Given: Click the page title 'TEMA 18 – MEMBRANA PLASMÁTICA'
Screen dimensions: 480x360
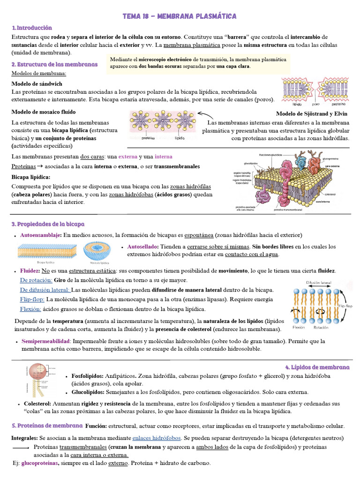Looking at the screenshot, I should click(x=180, y=16).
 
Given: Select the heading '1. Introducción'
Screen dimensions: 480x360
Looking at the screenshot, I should click(x=32, y=28).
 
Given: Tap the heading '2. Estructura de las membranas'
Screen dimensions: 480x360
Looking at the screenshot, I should click(x=54, y=64).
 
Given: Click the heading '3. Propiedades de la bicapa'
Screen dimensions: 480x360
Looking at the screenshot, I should click(x=48, y=225).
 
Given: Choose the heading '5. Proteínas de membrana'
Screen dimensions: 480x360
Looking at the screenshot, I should click(x=47, y=426).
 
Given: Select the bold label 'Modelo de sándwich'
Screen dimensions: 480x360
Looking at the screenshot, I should click(x=37, y=83).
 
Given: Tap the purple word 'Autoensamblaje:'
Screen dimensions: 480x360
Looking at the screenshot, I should click(x=41, y=235).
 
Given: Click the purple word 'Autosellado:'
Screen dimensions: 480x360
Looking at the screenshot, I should click(x=142, y=246).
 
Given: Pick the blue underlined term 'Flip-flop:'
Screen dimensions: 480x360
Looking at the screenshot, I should click(x=32, y=299).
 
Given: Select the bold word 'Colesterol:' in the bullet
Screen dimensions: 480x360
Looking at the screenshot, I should click(x=37, y=403).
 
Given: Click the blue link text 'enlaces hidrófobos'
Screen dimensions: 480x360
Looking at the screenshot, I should click(x=156, y=438).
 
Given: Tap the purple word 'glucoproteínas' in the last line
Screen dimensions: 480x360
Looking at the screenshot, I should click(x=40, y=463).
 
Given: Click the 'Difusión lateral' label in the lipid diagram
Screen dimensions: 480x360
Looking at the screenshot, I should click(x=319, y=283).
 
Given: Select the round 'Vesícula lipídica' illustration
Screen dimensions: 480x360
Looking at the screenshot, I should click(x=97, y=251).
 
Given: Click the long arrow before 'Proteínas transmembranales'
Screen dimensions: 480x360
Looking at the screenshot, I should click(x=21, y=448).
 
